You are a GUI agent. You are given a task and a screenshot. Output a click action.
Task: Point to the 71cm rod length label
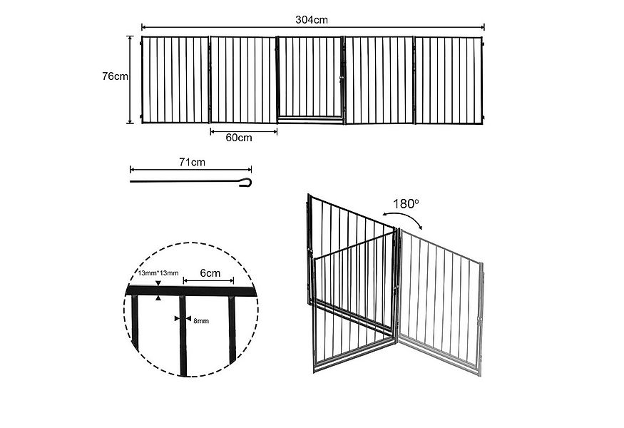coord(192,162)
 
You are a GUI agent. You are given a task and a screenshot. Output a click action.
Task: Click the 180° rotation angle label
coord(405,204)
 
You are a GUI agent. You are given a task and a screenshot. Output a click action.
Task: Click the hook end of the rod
coord(247,181)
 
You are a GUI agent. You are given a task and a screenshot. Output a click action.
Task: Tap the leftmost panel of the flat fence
coord(175,78)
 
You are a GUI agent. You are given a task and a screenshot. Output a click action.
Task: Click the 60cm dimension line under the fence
coord(243,131)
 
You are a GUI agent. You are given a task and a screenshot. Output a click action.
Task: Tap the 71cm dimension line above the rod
coord(191,170)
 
